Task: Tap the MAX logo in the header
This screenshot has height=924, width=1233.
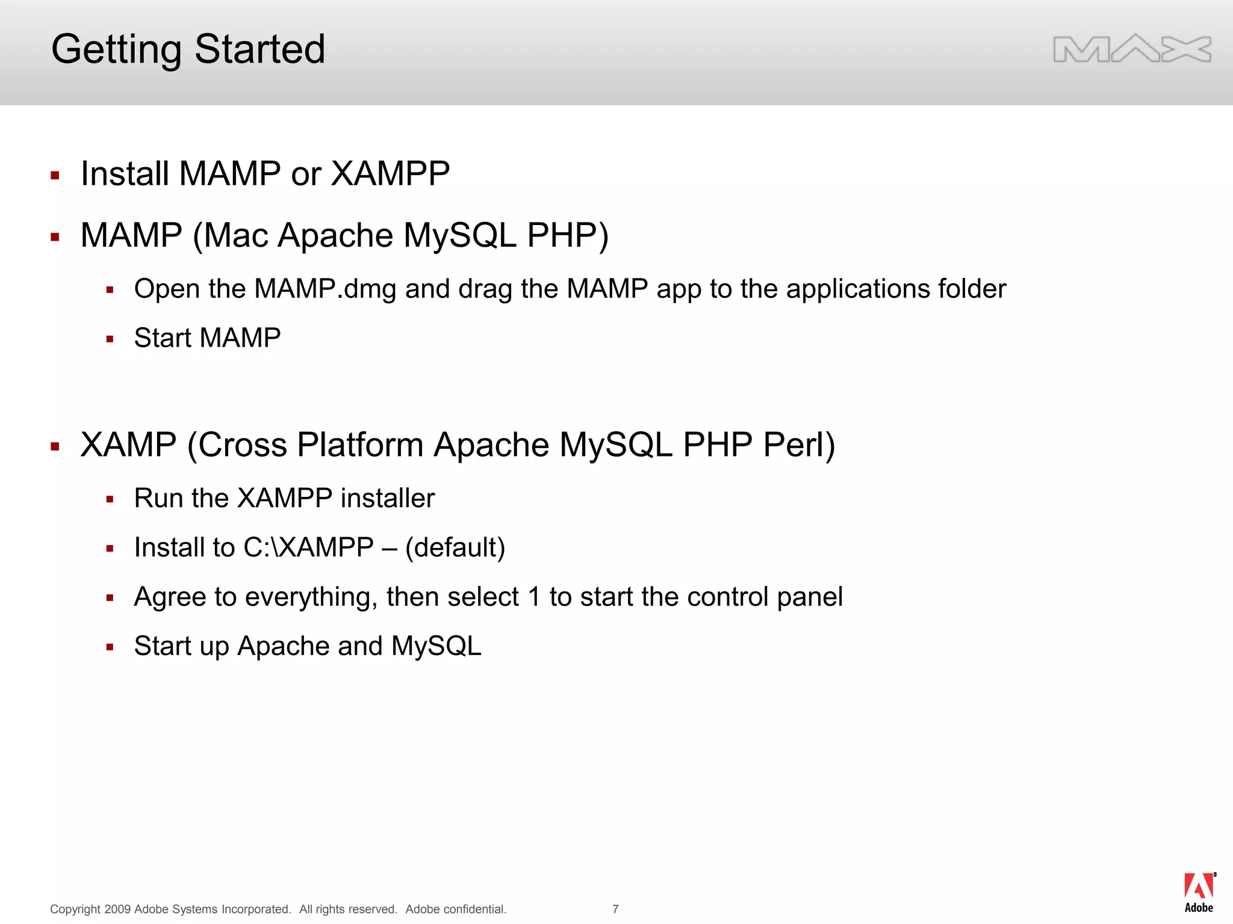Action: click(1132, 49)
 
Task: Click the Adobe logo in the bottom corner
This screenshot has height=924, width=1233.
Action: click(1199, 893)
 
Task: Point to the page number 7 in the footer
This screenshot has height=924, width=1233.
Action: click(615, 909)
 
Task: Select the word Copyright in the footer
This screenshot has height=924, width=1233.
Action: click(75, 909)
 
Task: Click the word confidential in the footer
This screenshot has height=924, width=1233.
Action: click(475, 909)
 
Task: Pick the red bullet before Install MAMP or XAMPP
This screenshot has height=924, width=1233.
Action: click(55, 176)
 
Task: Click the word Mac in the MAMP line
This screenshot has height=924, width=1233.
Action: click(235, 235)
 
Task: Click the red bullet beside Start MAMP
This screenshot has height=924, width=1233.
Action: click(110, 339)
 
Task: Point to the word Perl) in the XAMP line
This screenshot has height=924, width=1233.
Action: click(799, 445)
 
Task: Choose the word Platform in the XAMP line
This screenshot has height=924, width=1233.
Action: click(360, 445)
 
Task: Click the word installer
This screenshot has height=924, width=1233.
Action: click(388, 498)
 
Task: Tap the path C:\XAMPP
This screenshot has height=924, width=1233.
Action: click(308, 547)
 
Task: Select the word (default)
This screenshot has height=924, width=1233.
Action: click(455, 547)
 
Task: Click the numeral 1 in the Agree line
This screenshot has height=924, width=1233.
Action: click(534, 597)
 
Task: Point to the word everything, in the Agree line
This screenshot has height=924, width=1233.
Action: click(311, 597)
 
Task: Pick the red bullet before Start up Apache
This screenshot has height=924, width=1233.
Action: click(110, 647)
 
